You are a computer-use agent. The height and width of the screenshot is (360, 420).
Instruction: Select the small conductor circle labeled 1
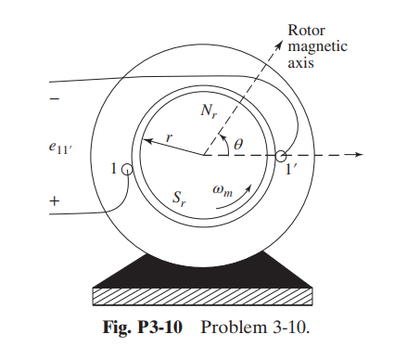[x=127, y=171]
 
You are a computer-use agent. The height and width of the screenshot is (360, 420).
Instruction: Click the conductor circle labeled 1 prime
[x=281, y=157]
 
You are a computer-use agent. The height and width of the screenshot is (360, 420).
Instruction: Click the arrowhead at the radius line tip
[x=145, y=143]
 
